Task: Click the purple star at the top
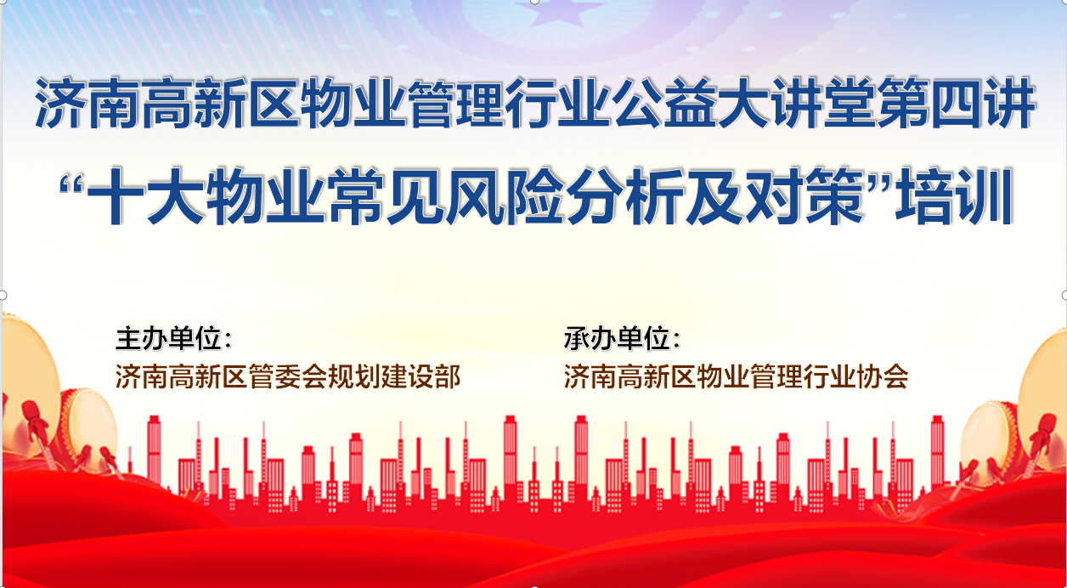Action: click(x=561, y=13)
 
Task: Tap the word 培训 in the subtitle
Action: click(x=955, y=195)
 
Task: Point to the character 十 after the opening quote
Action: click(x=116, y=195)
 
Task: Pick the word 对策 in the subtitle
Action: click(x=804, y=195)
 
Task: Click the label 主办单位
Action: click(x=169, y=339)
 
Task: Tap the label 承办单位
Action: click(x=618, y=339)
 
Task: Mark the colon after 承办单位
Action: click(x=676, y=340)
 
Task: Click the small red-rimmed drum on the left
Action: click(x=88, y=429)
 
